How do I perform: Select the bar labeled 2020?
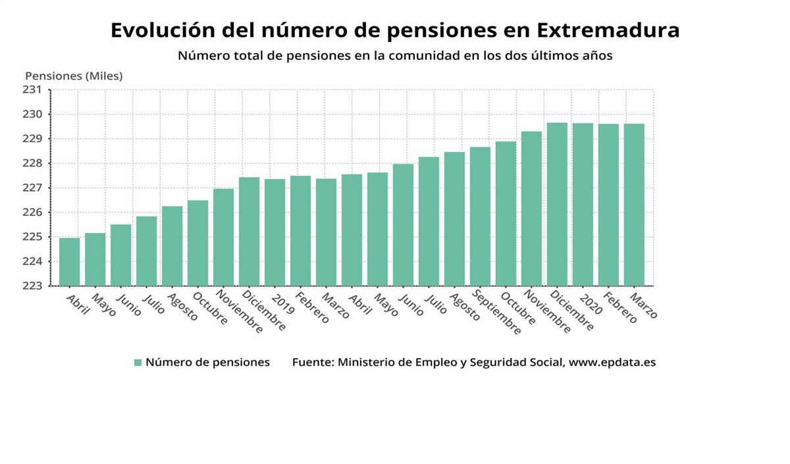pyautogui.click(x=583, y=205)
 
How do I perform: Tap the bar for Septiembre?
pyautogui.click(x=480, y=217)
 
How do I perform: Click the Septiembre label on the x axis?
pyautogui.click(x=496, y=313)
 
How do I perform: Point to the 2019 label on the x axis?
pyautogui.click(x=283, y=303)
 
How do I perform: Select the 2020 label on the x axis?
pyautogui.click(x=591, y=303)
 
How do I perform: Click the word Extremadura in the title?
pyautogui.click(x=608, y=30)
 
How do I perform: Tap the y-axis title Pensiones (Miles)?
pyautogui.click(x=74, y=76)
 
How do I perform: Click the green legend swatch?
pyautogui.click(x=138, y=363)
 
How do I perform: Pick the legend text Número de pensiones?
pyautogui.click(x=207, y=363)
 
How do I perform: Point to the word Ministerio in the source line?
pyautogui.click(x=369, y=363)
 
